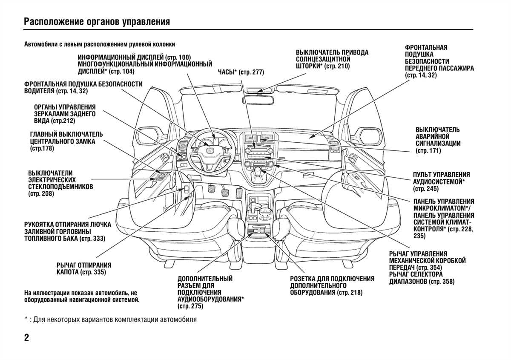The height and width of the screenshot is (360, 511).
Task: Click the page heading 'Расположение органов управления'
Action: (x=97, y=22)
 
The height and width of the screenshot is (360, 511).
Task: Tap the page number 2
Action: (x=27, y=338)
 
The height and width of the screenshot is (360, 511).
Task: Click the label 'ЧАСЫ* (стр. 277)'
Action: (x=241, y=72)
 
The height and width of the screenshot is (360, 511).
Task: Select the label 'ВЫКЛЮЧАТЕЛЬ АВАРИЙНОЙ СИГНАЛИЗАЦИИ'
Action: (x=437, y=140)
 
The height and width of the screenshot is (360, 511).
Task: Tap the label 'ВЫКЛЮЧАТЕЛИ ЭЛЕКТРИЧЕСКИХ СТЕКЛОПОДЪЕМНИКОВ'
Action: (x=60, y=183)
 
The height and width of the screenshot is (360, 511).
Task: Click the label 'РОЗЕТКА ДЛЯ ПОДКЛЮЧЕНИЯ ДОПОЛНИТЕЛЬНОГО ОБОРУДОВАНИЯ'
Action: (x=332, y=285)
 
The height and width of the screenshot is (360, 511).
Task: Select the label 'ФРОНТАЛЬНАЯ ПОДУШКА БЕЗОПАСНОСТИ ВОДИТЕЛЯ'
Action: (x=83, y=88)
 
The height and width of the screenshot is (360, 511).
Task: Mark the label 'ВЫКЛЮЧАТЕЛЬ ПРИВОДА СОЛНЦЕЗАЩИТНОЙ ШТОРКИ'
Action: (x=332, y=59)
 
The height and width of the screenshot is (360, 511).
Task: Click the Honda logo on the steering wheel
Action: (x=210, y=151)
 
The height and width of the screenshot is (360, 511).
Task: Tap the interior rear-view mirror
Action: (x=258, y=101)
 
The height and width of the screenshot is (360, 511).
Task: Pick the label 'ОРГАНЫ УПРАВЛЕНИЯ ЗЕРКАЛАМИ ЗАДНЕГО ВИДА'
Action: (x=65, y=114)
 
